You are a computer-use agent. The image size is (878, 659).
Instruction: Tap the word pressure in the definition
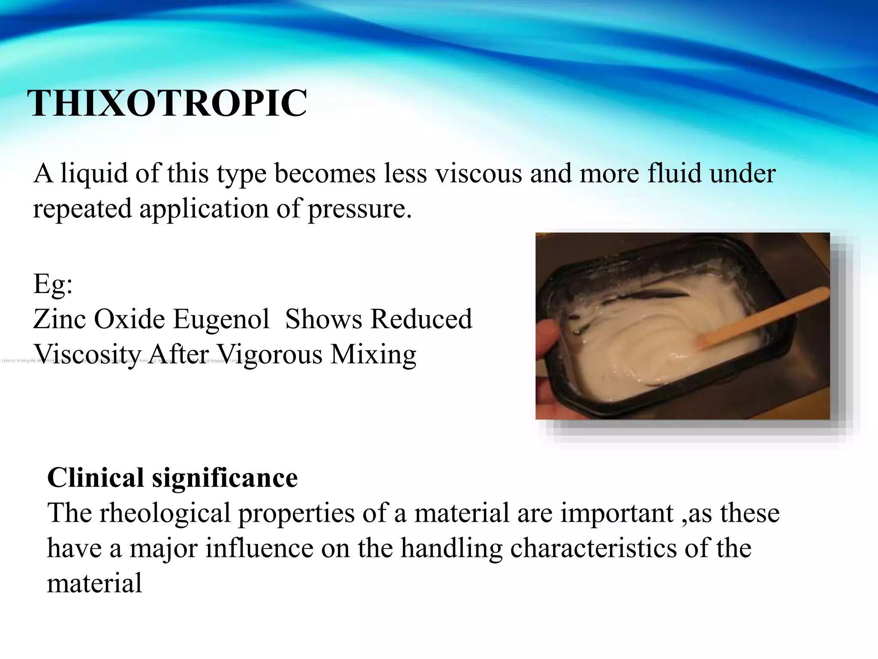359,209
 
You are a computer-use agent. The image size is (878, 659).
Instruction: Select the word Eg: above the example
53,284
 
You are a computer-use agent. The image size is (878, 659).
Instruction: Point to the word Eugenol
221,320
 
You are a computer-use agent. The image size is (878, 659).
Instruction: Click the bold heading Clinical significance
172,478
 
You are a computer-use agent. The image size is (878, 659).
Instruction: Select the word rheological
165,514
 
